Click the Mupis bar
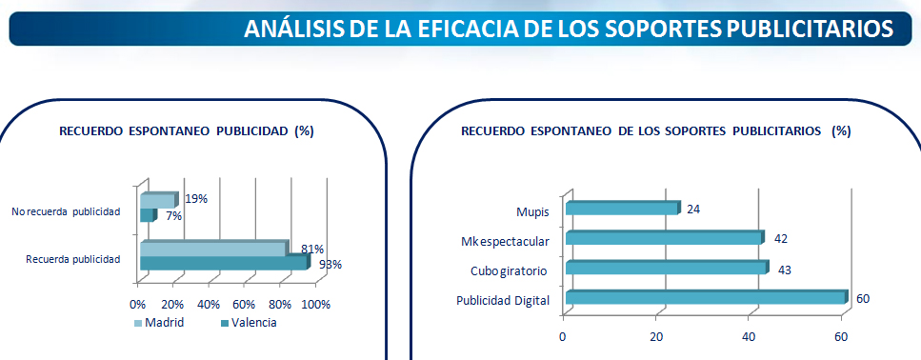[623, 209]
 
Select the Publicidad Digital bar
[707, 298]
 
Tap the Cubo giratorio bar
[668, 268]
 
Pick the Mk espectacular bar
[665, 238]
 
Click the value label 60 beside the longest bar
[862, 299]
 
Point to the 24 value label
[693, 210]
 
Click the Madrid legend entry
[159, 323]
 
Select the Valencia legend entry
[249, 323]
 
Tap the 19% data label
[195, 198]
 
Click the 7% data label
[174, 216]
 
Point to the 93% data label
[330, 264]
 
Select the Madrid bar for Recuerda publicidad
[213, 249]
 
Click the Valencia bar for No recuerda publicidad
[148, 215]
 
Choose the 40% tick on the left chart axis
[209, 304]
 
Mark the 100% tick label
[316, 304]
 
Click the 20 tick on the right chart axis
[656, 336]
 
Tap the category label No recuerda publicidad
[66, 212]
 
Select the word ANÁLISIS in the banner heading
[293, 29]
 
